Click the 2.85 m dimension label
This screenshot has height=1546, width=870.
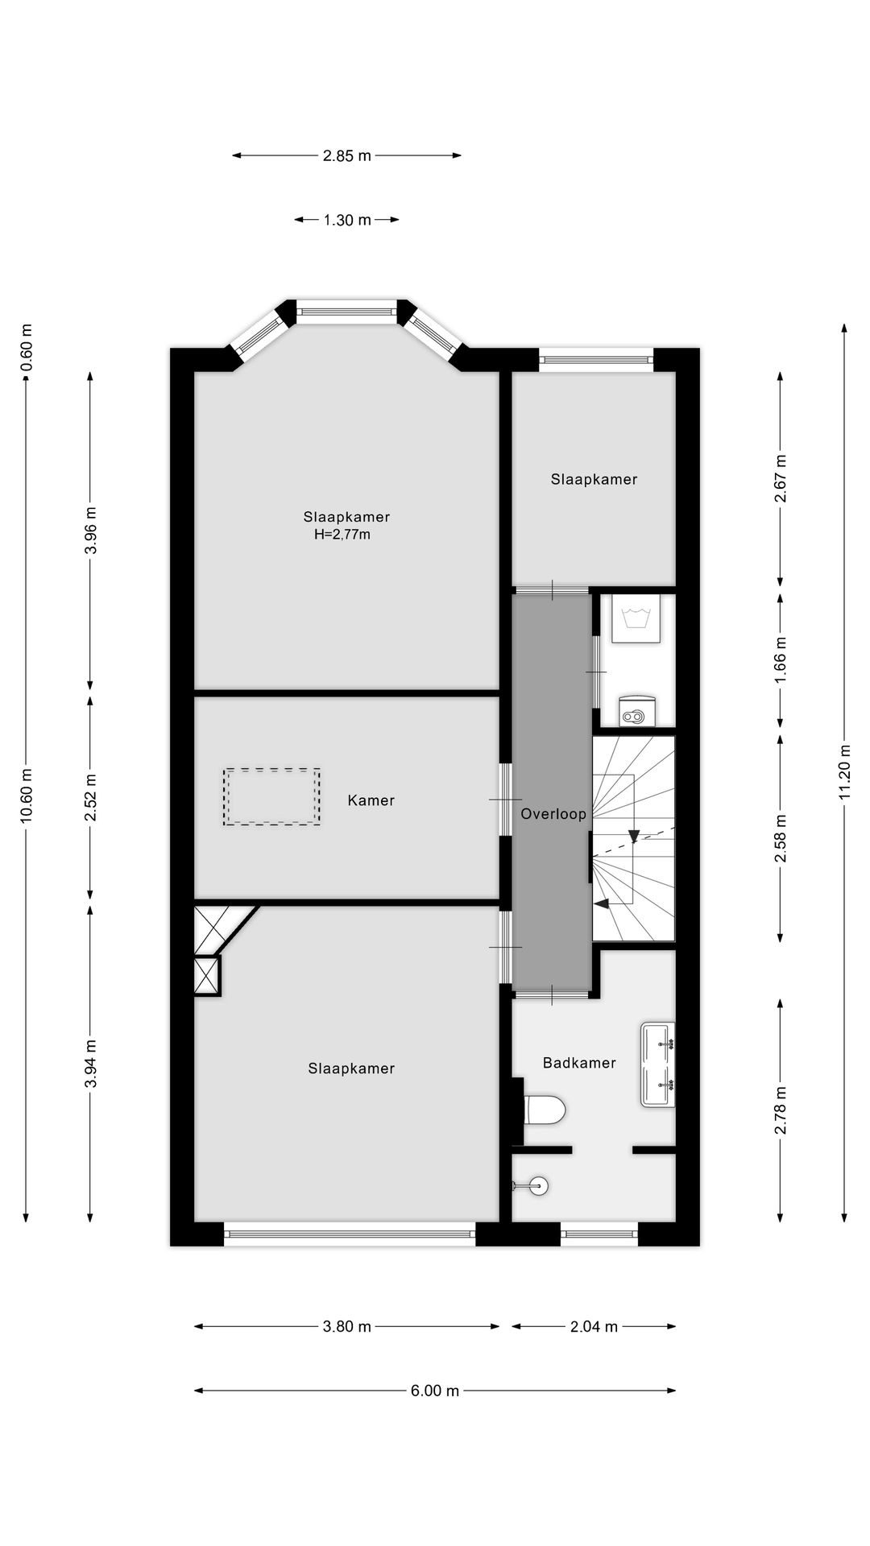pos(347,156)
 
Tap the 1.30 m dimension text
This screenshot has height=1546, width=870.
pos(347,220)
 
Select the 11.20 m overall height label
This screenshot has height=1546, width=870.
pos(844,780)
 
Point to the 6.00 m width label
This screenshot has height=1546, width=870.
pos(435,1391)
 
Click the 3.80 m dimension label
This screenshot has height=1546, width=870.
pos(347,1326)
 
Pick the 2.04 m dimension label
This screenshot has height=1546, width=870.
pos(594,1326)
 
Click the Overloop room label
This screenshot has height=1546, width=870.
pos(553,814)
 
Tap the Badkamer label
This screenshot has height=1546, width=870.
pos(579,1063)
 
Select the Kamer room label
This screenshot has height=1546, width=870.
pos(371,800)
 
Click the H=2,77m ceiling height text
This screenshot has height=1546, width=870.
pos(342,535)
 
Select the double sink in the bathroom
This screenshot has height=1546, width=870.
pos(658,1065)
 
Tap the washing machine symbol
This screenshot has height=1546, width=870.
pos(636,618)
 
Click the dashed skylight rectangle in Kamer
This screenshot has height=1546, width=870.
pos(272,796)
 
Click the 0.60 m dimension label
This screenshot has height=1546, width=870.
pos(27,347)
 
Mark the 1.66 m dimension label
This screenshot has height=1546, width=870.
pos(780,661)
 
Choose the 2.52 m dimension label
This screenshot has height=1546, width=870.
pos(90,797)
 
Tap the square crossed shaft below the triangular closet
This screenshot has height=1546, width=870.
pos(207,976)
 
